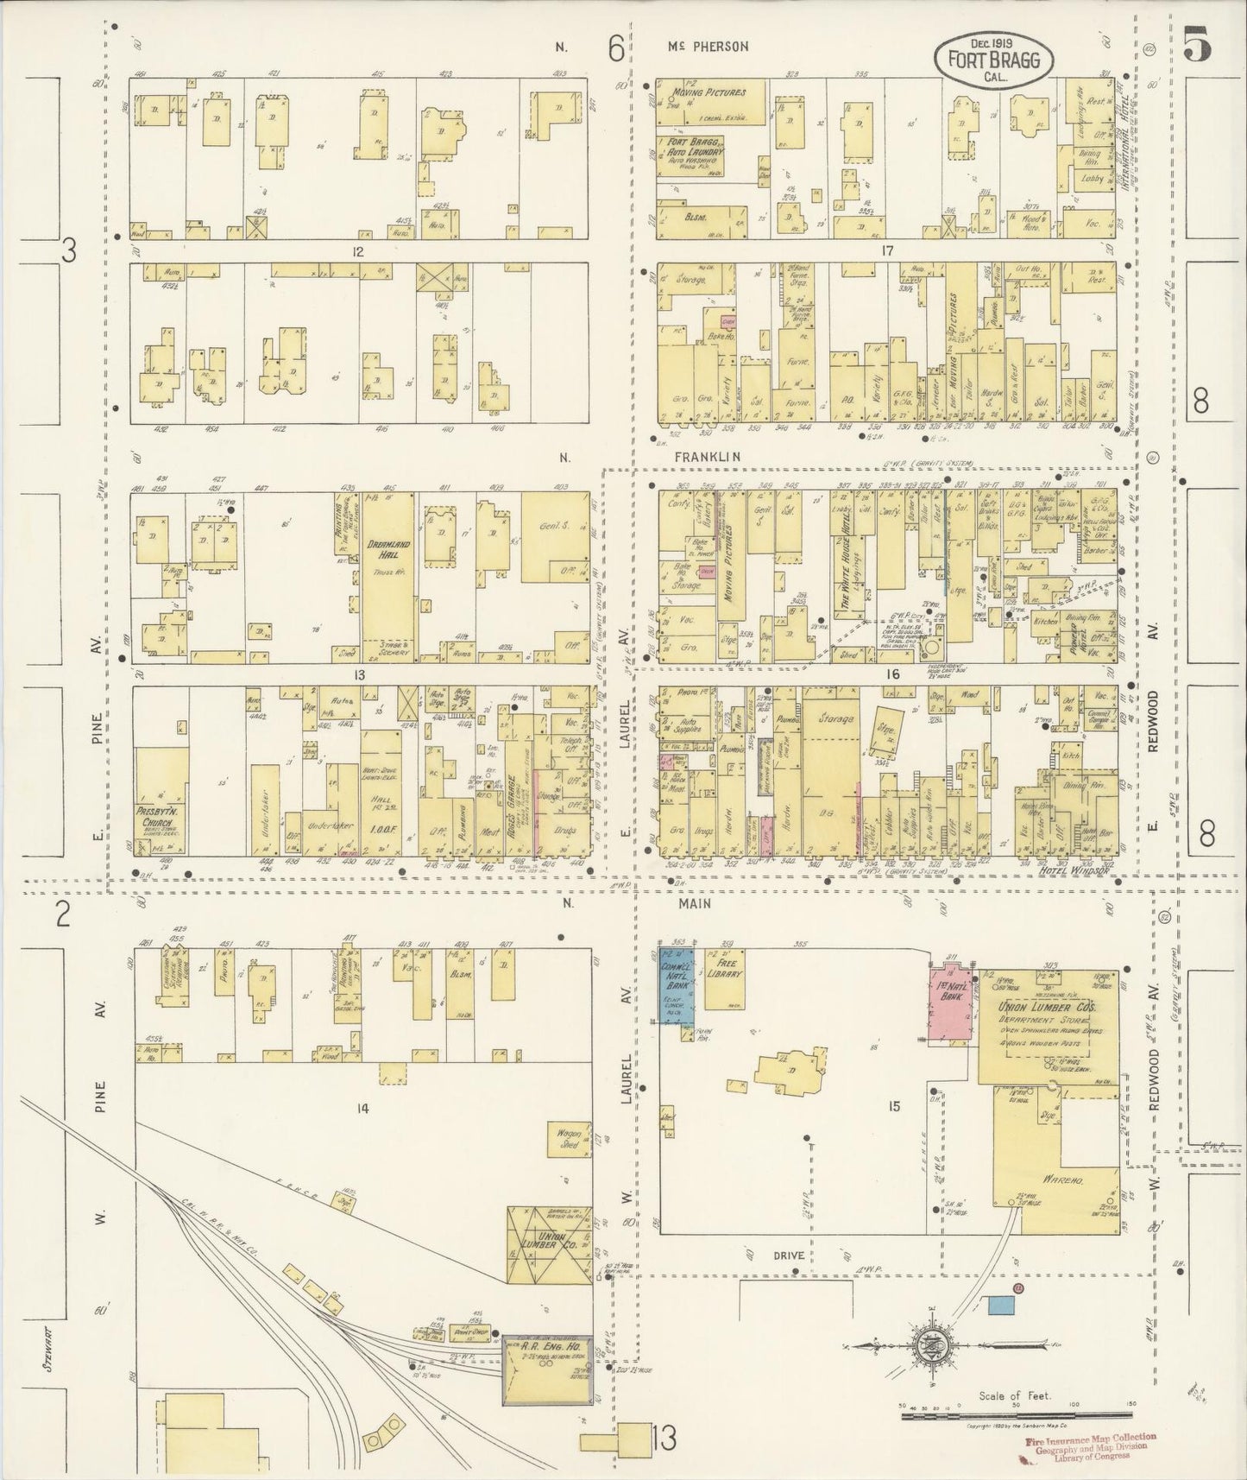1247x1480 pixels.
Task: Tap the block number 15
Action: point(893,1105)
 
